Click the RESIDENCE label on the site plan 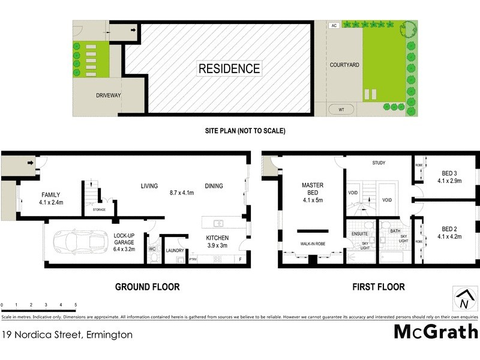coord(230,68)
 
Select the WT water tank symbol coord(341,109)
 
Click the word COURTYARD coord(344,64)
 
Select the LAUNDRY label coord(175,251)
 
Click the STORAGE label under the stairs coord(100,209)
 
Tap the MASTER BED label coord(312,190)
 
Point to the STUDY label coord(379,163)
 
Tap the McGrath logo coord(436,331)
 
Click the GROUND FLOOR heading coord(147,287)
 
